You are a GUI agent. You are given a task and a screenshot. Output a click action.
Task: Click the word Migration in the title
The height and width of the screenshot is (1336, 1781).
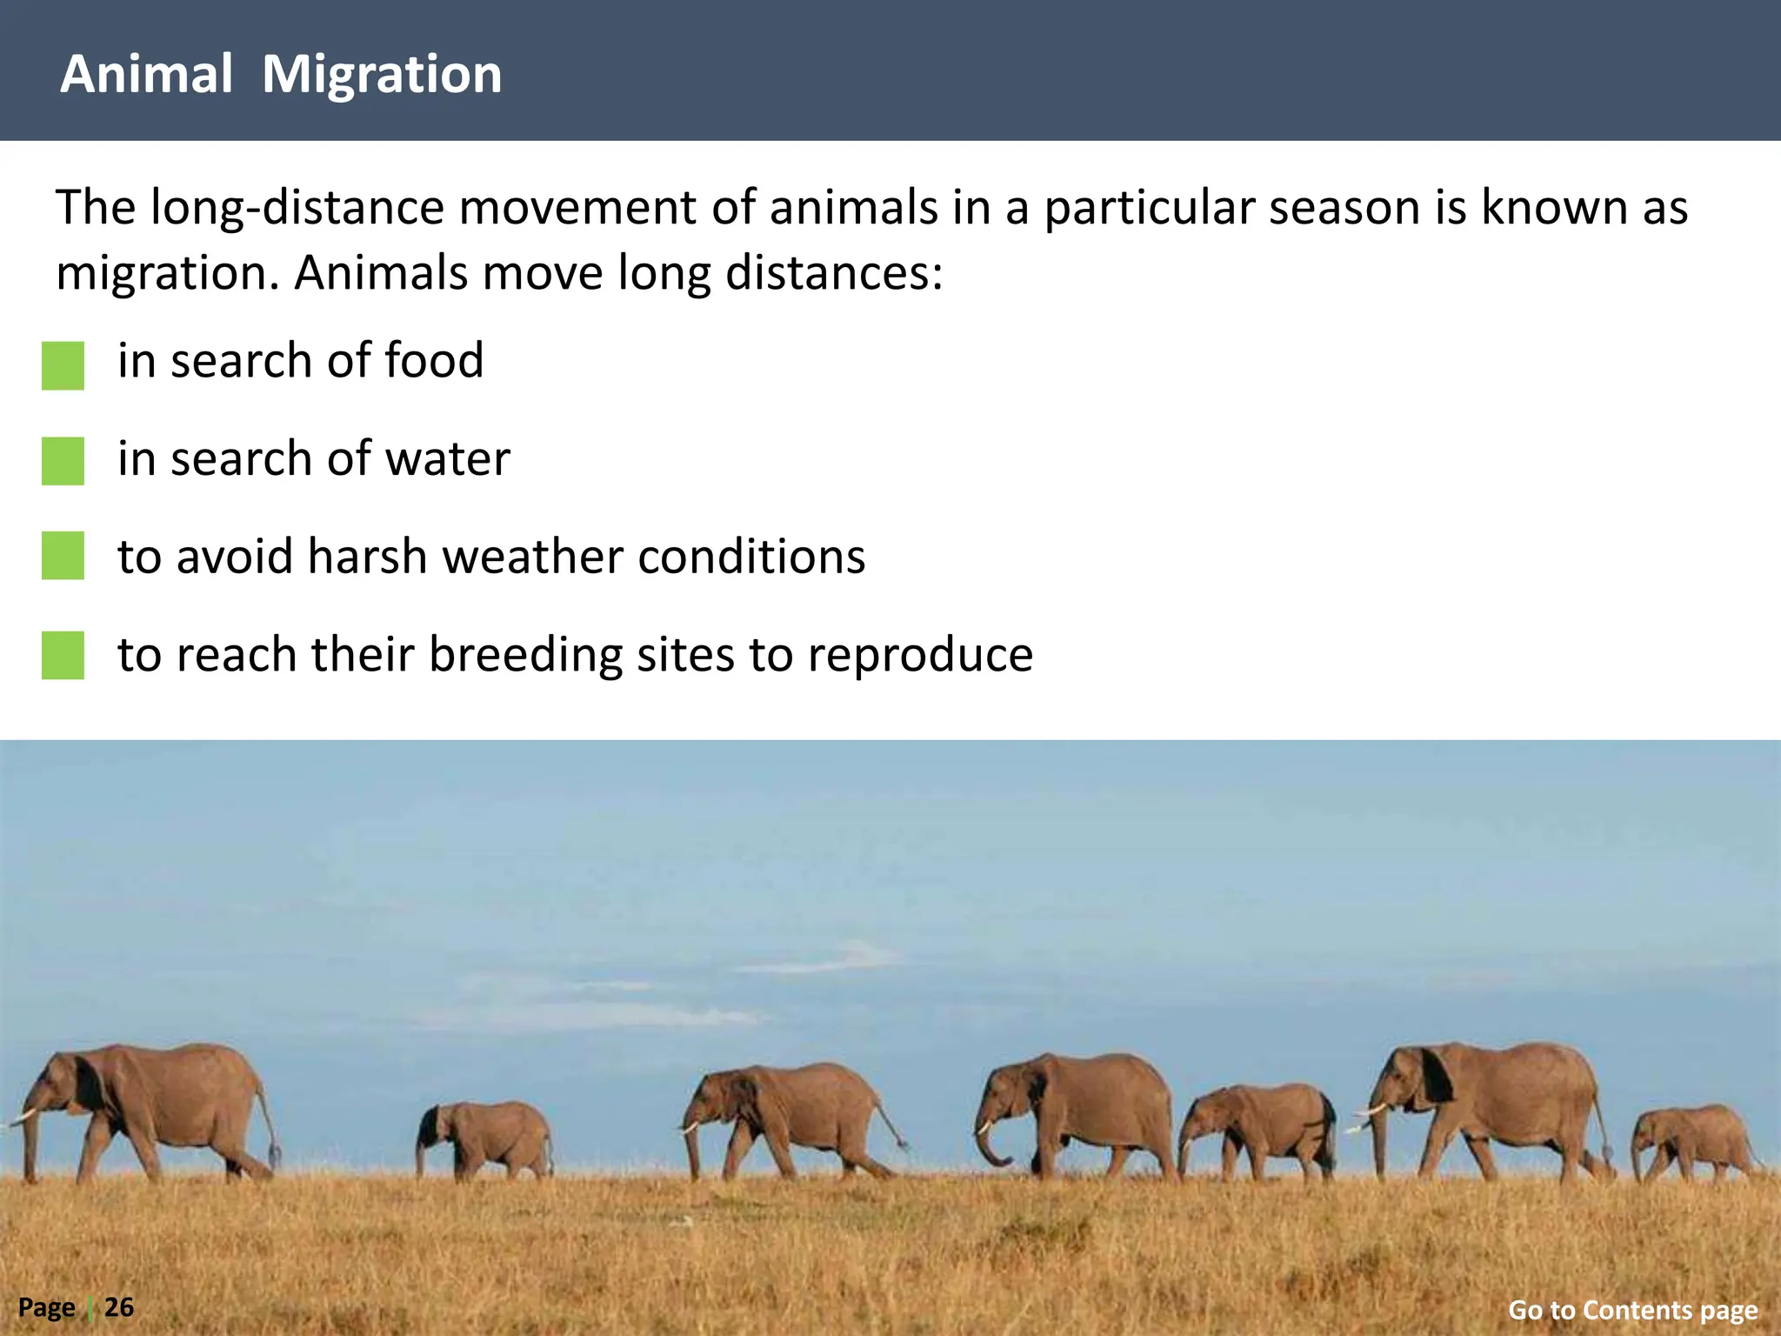pyautogui.click(x=382, y=76)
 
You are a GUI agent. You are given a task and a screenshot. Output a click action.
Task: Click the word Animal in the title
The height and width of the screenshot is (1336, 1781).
pyautogui.click(x=146, y=74)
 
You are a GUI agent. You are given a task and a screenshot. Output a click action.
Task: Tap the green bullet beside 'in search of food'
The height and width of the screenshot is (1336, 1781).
pyautogui.click(x=63, y=365)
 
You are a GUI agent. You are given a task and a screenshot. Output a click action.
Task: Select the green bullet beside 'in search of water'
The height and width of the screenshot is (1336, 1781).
pyautogui.click(x=63, y=461)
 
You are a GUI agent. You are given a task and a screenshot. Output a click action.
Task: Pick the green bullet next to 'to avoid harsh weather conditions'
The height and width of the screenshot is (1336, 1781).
pyautogui.click(x=63, y=556)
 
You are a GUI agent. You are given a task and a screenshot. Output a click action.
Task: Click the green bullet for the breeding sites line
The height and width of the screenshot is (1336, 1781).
pyautogui.click(x=63, y=655)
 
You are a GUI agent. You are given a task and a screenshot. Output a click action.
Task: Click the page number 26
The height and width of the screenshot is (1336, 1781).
pyautogui.click(x=119, y=1306)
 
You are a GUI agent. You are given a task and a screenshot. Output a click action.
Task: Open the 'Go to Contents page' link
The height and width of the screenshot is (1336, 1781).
pyautogui.click(x=1632, y=1309)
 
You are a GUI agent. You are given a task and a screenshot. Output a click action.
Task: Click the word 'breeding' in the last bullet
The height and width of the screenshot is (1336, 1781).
pyautogui.click(x=525, y=655)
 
